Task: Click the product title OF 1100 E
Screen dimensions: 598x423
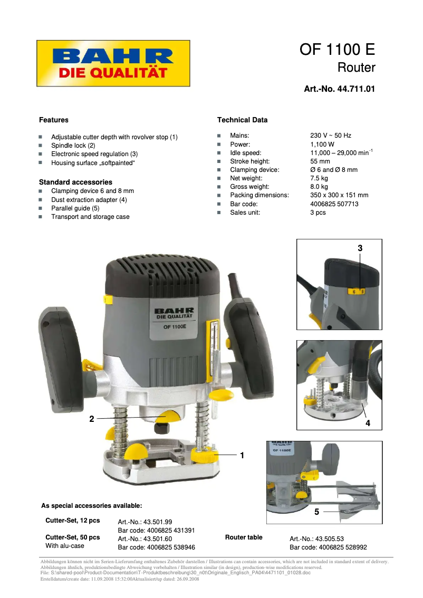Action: [x=337, y=50]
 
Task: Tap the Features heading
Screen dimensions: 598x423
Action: [x=54, y=120]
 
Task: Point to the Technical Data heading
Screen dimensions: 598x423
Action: [x=242, y=120]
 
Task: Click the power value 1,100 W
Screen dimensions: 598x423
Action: [x=322, y=144]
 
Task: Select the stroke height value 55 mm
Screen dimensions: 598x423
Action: [x=320, y=161]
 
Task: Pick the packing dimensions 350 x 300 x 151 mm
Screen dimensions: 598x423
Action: [x=339, y=195]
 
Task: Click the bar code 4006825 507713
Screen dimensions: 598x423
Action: [x=334, y=204]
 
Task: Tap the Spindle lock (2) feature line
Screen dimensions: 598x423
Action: [x=73, y=146]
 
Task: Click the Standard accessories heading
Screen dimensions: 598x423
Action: [x=75, y=182]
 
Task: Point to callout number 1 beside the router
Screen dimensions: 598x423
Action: [x=242, y=455]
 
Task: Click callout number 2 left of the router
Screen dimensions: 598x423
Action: [x=92, y=419]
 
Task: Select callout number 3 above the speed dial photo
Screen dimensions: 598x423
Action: [x=360, y=247]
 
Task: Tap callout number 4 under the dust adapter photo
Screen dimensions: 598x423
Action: [x=368, y=423]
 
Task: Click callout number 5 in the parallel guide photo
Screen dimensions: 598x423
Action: [x=316, y=512]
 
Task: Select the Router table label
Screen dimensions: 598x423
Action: [x=244, y=537]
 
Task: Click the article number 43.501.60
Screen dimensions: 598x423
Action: [x=145, y=539]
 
